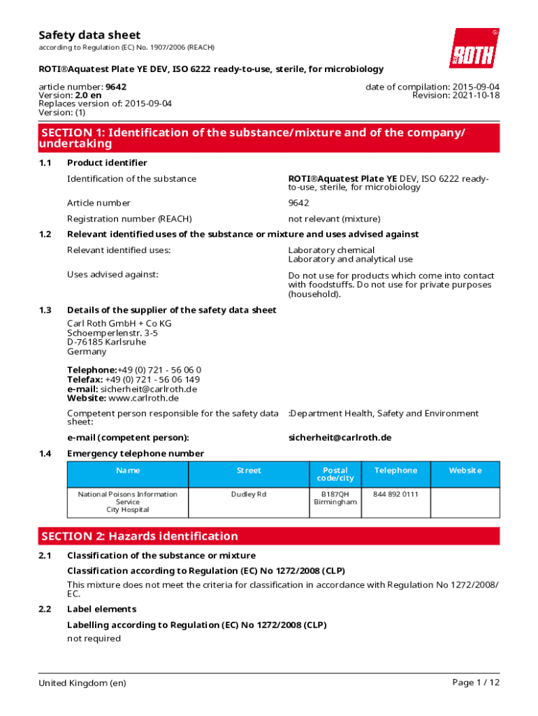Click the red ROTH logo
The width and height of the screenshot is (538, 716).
pyautogui.click(x=474, y=48)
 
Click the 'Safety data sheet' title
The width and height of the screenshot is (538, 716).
pyautogui.click(x=89, y=35)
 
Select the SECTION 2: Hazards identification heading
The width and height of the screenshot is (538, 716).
pyautogui.click(x=140, y=536)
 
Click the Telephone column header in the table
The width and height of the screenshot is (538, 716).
pyautogui.click(x=395, y=471)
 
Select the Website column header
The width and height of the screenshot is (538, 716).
pyautogui.click(x=465, y=471)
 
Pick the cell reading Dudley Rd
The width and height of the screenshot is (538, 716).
pyautogui.click(x=249, y=494)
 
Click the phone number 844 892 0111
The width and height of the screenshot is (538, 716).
pyautogui.click(x=395, y=494)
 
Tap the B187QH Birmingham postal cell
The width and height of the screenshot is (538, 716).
pyautogui.click(x=335, y=498)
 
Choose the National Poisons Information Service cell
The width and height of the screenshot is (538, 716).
pyautogui.click(x=127, y=501)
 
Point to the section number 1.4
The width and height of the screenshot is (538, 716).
pyautogui.click(x=45, y=453)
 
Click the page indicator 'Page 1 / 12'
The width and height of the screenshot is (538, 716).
pyautogui.click(x=476, y=682)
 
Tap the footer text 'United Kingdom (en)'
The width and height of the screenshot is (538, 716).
pyautogui.click(x=82, y=682)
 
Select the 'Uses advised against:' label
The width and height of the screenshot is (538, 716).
pyautogui.click(x=112, y=274)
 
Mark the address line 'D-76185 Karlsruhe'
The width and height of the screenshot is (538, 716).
pyautogui.click(x=107, y=342)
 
